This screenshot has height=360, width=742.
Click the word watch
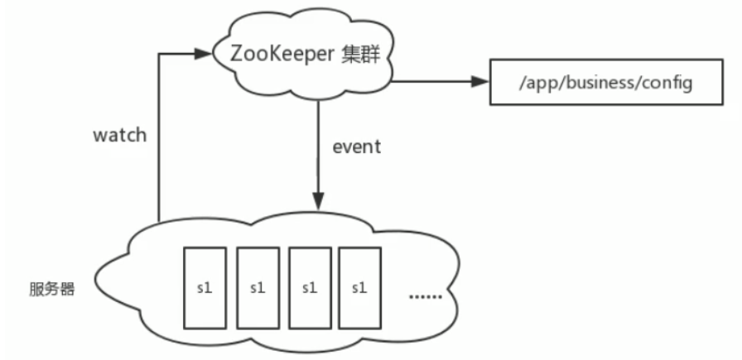pyautogui.click(x=119, y=135)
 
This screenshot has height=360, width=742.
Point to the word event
pyautogui.click(x=357, y=146)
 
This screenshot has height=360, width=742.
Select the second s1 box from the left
pyautogui.click(x=257, y=287)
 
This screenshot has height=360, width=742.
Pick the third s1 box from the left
pyautogui.click(x=309, y=287)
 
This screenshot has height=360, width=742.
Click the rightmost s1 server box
pyautogui.click(x=360, y=287)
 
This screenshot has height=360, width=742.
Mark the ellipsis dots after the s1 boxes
pyautogui.click(x=426, y=295)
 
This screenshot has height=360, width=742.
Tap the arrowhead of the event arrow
pyautogui.click(x=318, y=201)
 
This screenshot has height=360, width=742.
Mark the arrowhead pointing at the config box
pyautogui.click(x=480, y=82)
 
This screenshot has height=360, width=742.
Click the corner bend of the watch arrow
pyautogui.click(x=157, y=55)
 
